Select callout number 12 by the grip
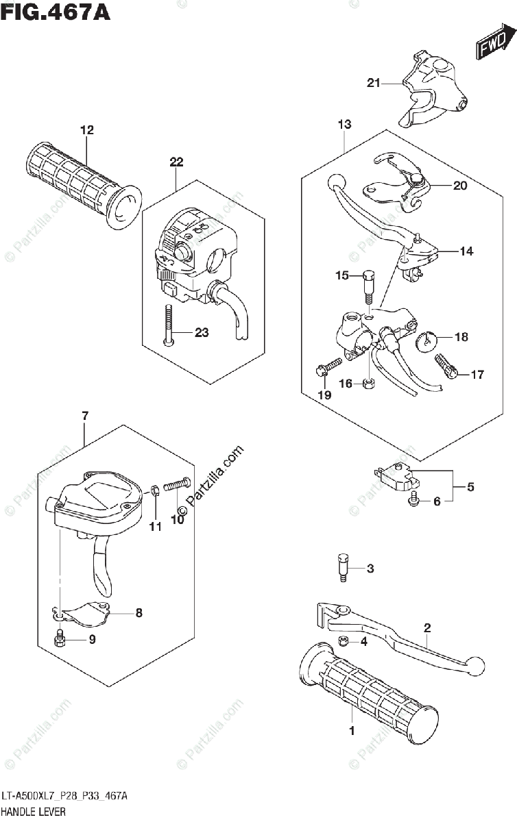[86, 129]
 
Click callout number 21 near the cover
[373, 84]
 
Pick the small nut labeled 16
[368, 384]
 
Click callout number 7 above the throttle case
[84, 416]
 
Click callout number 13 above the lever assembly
[344, 124]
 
